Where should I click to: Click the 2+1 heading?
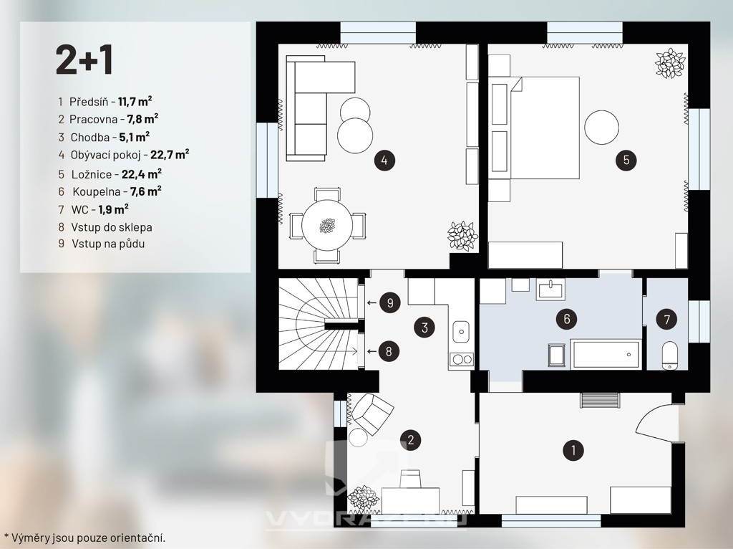(x=84, y=60)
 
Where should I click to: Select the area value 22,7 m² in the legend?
(x=170, y=154)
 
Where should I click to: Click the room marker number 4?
(x=384, y=161)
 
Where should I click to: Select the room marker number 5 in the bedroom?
(x=626, y=161)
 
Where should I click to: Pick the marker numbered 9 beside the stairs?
(x=390, y=303)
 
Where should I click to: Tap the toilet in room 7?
(x=670, y=355)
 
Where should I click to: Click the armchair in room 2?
(x=372, y=411)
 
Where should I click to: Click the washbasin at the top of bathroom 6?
(x=550, y=289)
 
